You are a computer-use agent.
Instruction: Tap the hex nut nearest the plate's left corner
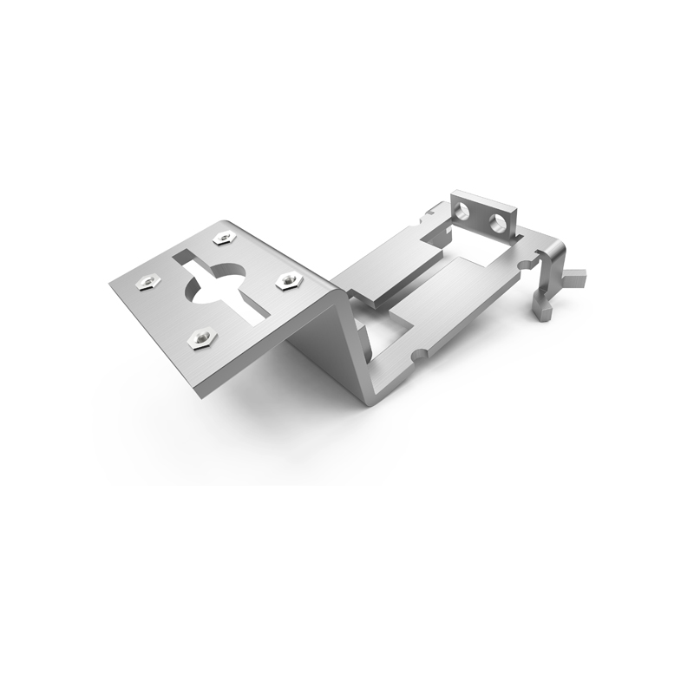pos(143,281)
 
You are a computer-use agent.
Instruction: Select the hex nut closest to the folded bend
pos(286,280)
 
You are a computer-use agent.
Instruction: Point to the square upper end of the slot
pos(184,257)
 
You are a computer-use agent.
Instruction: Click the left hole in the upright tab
pos(463,209)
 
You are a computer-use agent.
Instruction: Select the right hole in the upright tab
pos(499,223)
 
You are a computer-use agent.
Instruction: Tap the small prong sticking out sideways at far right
pos(577,277)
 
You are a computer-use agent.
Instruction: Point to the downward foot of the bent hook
pos(542,310)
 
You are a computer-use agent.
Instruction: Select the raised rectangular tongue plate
pos(390,265)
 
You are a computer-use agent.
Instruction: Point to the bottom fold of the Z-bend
pos(369,397)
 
